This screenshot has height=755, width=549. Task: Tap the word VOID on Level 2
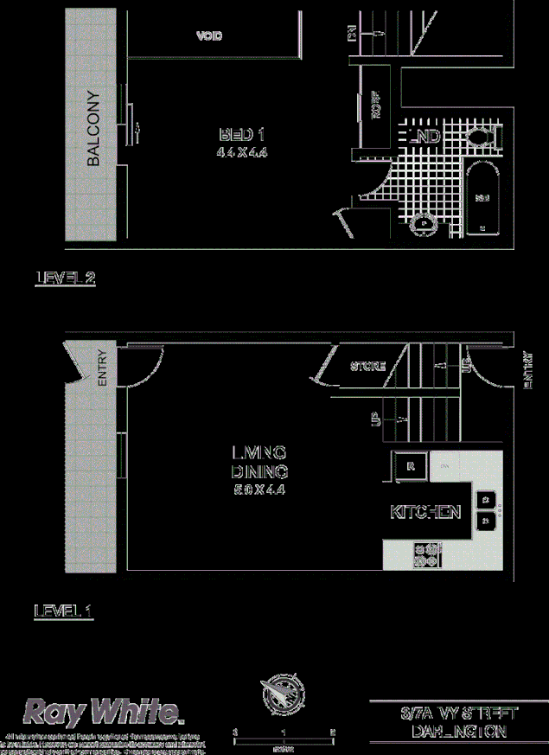(x=209, y=36)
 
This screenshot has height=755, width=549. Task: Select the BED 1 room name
(x=241, y=135)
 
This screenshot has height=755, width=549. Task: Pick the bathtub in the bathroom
(x=482, y=198)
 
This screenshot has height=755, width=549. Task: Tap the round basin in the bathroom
(x=423, y=224)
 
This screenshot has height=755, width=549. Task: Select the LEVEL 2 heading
(x=65, y=278)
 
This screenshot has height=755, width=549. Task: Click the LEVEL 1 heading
(x=63, y=611)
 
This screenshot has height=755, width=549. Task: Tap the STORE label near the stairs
(x=367, y=366)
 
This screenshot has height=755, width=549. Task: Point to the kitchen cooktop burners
(x=428, y=553)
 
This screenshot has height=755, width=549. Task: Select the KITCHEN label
(x=425, y=512)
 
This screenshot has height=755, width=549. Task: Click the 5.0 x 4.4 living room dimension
(x=259, y=489)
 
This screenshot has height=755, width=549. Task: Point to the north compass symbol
(x=284, y=694)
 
